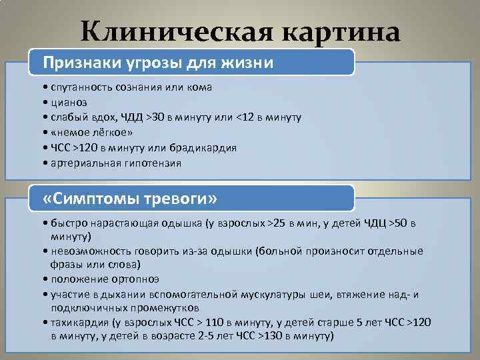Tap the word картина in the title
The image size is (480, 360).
point(339,31)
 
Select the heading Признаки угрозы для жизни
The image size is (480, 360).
point(158,63)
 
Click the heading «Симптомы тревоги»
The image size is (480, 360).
point(129,199)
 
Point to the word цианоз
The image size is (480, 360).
point(68,102)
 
